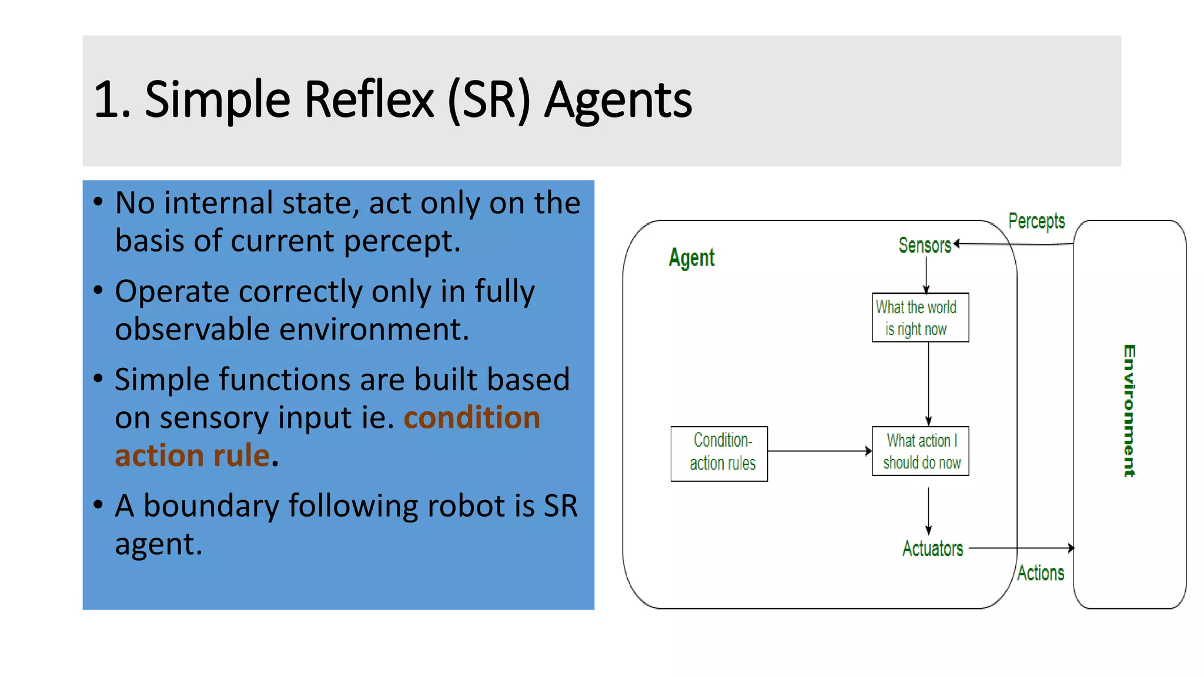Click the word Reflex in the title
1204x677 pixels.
[369, 100]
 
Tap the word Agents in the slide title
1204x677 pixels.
[618, 101]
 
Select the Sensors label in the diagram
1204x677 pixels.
[924, 245]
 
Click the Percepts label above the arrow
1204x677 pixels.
[1036, 221]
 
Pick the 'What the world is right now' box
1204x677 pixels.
[920, 317]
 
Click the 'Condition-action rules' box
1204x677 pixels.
[719, 454]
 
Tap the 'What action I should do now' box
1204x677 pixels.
[920, 451]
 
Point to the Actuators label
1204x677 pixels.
[932, 548]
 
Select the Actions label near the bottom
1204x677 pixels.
[1041, 573]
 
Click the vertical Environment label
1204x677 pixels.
[1129, 410]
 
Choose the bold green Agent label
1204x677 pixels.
[691, 257]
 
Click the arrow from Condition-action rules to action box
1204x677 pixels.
[820, 451]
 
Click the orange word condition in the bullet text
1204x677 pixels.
[471, 418]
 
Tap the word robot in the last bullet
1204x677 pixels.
[467, 506]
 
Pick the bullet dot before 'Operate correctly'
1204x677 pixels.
[98, 290]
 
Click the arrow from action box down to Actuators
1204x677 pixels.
[929, 510]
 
